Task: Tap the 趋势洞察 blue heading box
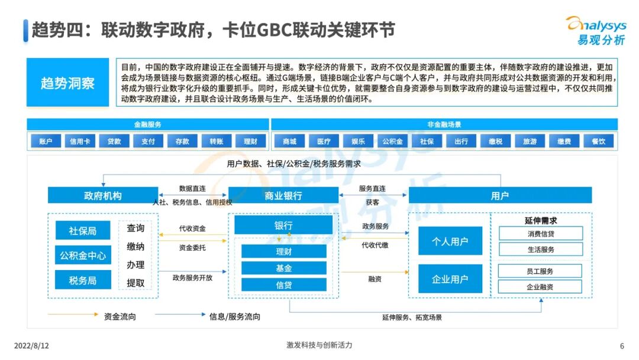(x=67, y=82)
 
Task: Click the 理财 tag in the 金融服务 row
(x=250, y=142)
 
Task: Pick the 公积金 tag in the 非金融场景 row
(x=392, y=142)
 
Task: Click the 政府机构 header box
(x=103, y=195)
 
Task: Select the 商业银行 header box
(x=283, y=195)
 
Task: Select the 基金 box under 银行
(x=283, y=268)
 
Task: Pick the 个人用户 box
(x=450, y=241)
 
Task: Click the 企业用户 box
(x=450, y=279)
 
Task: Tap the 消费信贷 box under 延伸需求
(x=540, y=233)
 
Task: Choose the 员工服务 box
(x=540, y=271)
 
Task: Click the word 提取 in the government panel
(x=135, y=282)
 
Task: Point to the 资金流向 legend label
(x=120, y=316)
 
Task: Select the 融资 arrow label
(x=375, y=278)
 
